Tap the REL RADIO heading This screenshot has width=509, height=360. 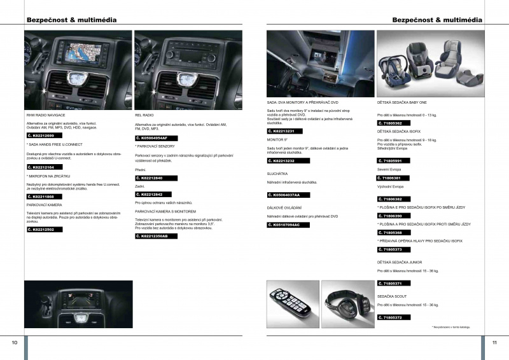[x=145, y=115]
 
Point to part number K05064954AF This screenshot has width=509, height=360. [x=153, y=138]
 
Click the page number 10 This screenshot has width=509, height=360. [x=14, y=342]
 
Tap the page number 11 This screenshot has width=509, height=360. [x=494, y=342]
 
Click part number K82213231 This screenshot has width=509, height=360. [x=284, y=131]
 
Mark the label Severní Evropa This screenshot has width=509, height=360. [x=389, y=169]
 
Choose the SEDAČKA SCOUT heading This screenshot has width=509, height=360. [x=393, y=296]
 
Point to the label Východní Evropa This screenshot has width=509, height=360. [x=391, y=187]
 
